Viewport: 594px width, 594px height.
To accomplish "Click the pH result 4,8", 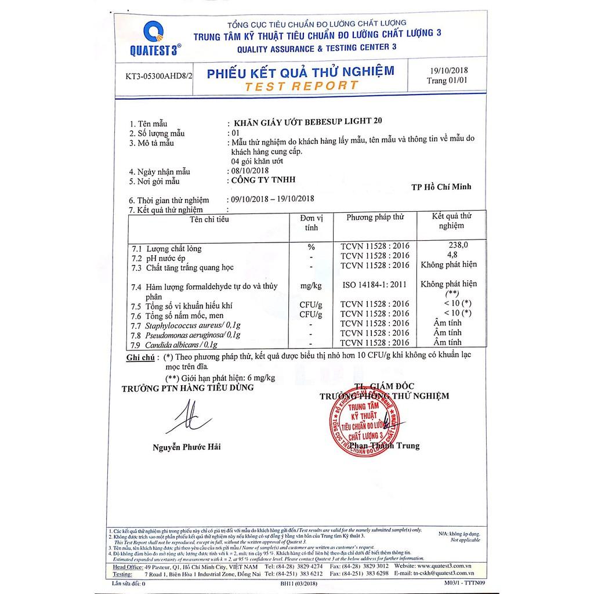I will coord(451,255).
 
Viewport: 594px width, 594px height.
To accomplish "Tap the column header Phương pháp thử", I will coord(375,217).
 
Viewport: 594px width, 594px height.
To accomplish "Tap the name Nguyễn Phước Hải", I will coord(187,447).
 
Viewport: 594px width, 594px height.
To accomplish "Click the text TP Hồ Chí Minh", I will coord(440,186).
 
